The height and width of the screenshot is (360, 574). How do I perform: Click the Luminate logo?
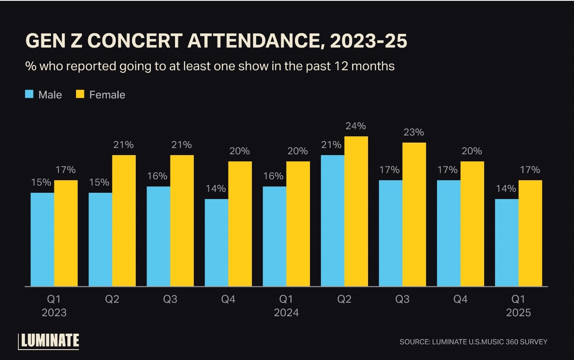click(48, 341)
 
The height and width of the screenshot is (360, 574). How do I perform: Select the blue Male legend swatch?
click(29, 94)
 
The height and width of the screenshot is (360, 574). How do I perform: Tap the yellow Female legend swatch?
click(80, 94)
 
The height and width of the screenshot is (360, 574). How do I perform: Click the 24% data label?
click(356, 126)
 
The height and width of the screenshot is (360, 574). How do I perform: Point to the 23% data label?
click(414, 132)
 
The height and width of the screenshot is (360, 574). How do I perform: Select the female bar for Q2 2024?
click(356, 211)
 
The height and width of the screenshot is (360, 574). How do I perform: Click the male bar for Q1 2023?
click(42, 239)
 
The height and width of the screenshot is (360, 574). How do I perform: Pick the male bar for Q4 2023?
click(216, 243)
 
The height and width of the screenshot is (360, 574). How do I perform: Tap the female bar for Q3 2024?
click(414, 214)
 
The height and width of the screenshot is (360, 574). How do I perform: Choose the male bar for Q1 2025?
click(506, 243)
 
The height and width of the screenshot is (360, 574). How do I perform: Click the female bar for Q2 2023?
click(124, 220)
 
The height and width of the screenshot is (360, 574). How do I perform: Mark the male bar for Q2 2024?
click(333, 220)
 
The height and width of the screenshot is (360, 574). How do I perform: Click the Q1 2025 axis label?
click(518, 306)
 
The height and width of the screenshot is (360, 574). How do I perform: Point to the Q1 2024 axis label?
click(286, 306)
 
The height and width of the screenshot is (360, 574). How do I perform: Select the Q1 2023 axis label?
click(54, 306)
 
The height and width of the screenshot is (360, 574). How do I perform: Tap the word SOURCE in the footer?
click(414, 342)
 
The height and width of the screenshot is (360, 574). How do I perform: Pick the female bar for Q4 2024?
click(472, 224)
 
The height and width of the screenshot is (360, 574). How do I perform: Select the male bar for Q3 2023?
click(158, 236)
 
